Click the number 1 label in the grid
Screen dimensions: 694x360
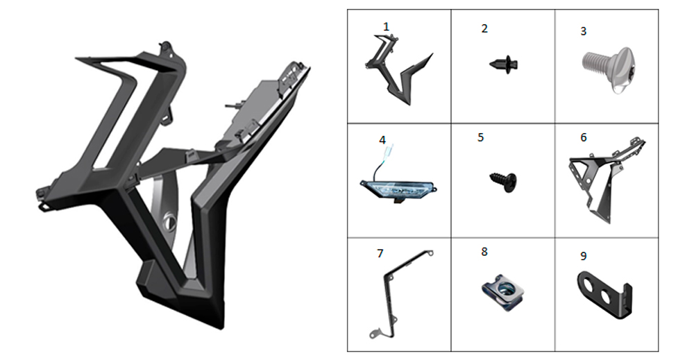click(386, 27)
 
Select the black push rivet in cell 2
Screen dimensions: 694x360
click(504, 64)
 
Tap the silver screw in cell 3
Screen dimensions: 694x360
click(609, 70)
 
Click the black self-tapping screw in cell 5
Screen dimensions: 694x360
click(503, 181)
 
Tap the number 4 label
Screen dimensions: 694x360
click(382, 140)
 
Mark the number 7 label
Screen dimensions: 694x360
click(380, 253)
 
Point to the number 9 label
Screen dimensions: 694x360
click(584, 256)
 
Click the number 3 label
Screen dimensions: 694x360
click(584, 31)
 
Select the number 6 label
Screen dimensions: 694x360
click(584, 137)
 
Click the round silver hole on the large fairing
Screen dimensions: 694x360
click(169, 220)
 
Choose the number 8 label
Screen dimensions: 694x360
click(484, 252)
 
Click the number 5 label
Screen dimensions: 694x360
click(481, 137)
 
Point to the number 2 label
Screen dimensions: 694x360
click(484, 28)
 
